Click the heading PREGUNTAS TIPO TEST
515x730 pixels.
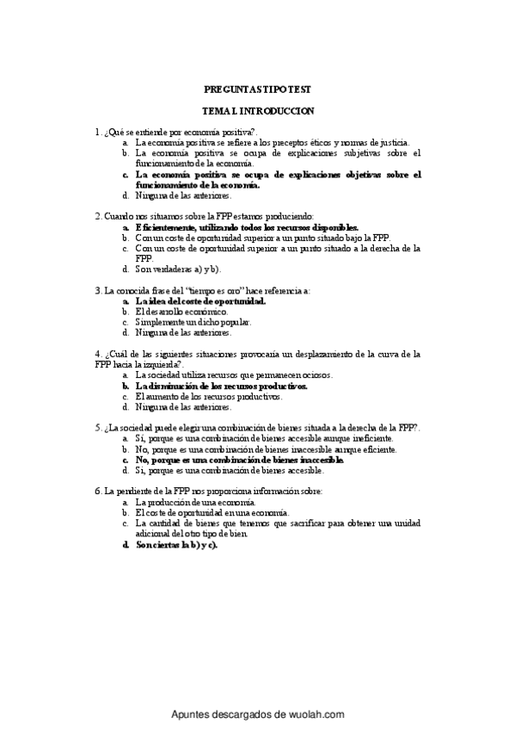click(x=257, y=89)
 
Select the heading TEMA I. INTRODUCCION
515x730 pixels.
click(x=257, y=111)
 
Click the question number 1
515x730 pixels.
click(x=97, y=132)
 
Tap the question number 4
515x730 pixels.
click(x=97, y=354)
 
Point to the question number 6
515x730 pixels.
click(x=97, y=491)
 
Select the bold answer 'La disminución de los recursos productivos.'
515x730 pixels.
click(x=222, y=387)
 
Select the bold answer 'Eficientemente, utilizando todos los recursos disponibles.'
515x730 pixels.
click(x=246, y=226)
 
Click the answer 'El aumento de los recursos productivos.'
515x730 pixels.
click(x=209, y=396)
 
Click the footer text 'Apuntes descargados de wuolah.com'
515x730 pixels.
click(x=258, y=715)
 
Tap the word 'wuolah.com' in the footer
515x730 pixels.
click(x=316, y=715)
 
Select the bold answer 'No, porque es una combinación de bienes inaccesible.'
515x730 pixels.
click(x=239, y=460)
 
